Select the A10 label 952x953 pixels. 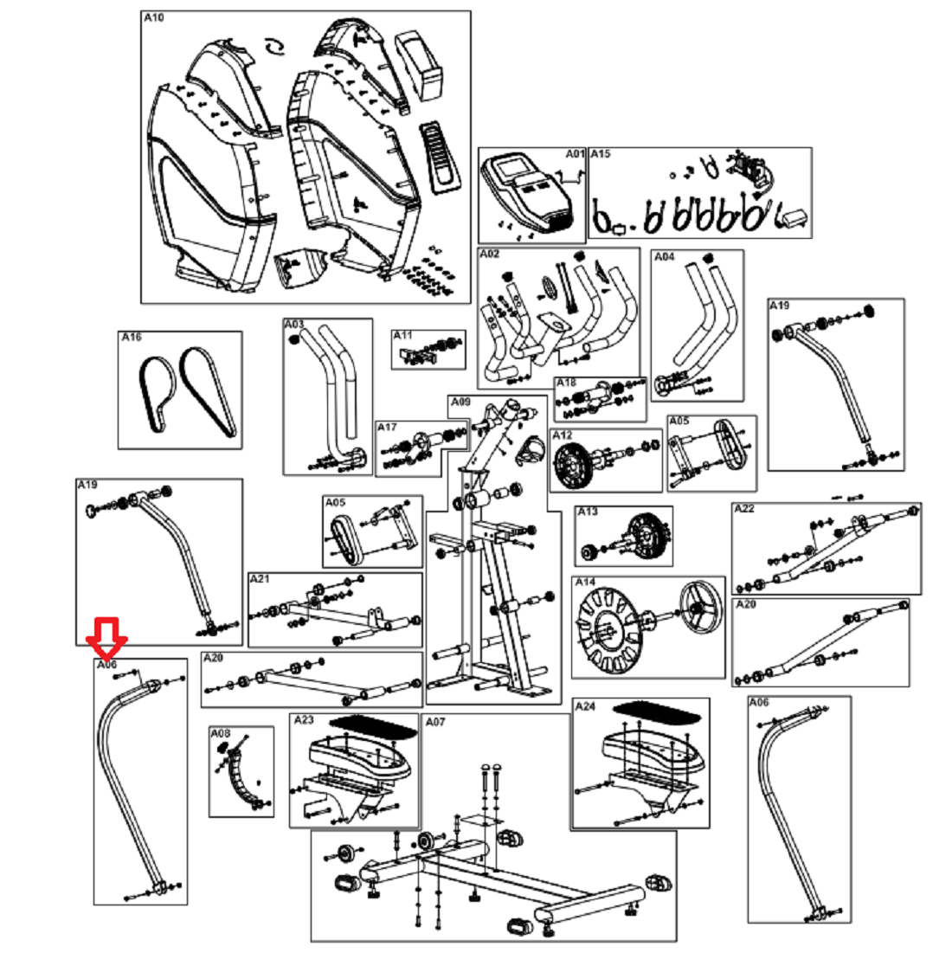click(x=153, y=18)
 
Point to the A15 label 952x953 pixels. click(x=600, y=154)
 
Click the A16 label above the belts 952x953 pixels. click(x=131, y=338)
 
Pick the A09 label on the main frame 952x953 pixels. click(x=460, y=402)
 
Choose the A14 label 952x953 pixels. click(x=586, y=583)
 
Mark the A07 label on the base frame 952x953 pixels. click(x=435, y=721)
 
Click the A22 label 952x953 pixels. click(x=744, y=509)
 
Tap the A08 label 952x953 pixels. click(x=221, y=733)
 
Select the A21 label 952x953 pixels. click(x=260, y=578)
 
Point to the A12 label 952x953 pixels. click(x=563, y=435)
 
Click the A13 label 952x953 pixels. click(x=588, y=512)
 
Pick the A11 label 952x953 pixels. click(x=402, y=335)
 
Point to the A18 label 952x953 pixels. click(x=566, y=383)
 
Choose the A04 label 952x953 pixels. click(x=664, y=257)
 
